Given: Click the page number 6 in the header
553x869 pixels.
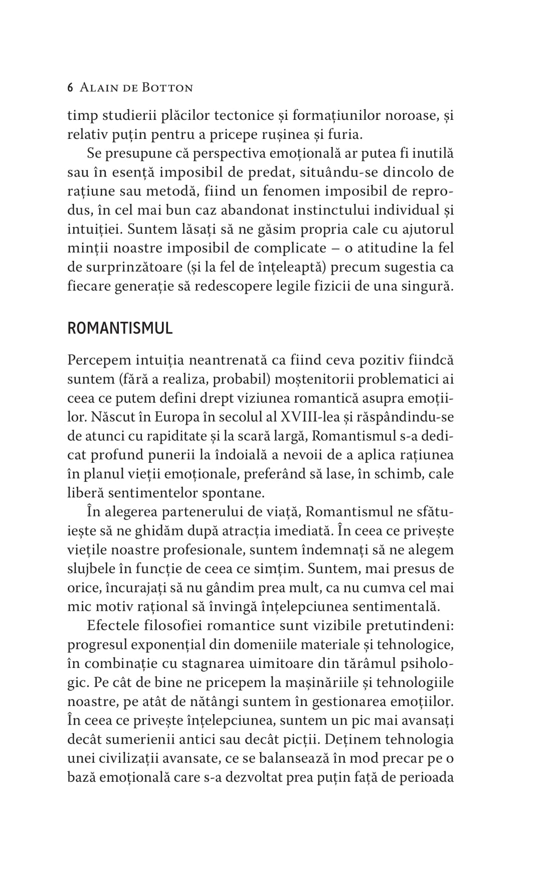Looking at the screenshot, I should [x=70, y=88].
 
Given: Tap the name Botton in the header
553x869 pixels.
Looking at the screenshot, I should [x=168, y=88].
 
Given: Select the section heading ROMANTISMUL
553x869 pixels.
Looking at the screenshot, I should [x=120, y=328].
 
